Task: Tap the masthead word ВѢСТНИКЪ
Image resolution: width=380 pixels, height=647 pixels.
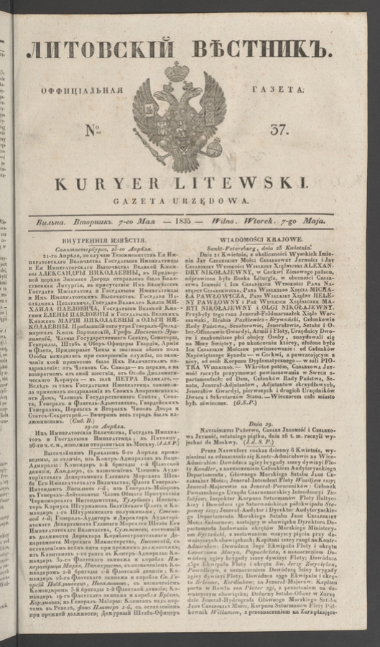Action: [264, 50]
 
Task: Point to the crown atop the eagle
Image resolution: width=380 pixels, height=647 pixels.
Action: [177, 71]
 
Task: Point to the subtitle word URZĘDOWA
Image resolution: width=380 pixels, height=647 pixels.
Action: [221, 199]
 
